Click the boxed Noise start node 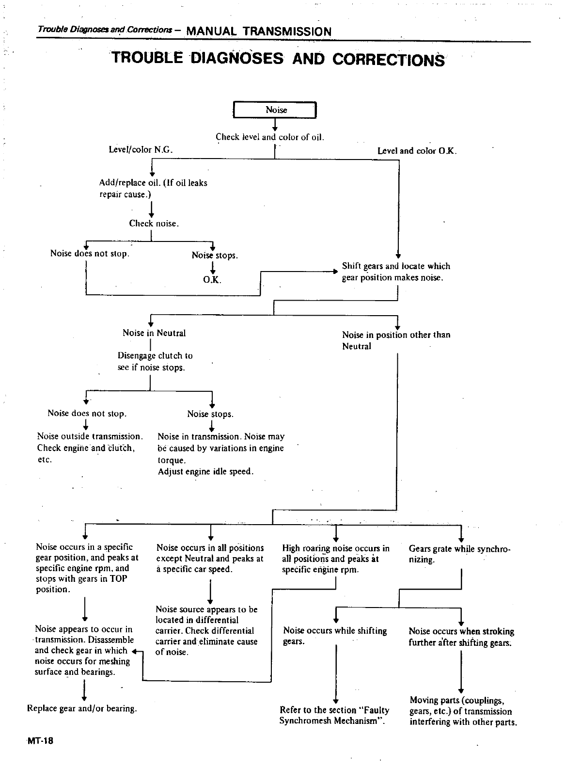(x=275, y=110)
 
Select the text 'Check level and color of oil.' (x=270, y=137)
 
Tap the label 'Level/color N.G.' (x=141, y=150)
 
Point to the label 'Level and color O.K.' (x=417, y=151)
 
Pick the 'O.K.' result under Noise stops (x=212, y=280)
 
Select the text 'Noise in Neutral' (x=154, y=333)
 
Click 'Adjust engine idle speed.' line (x=205, y=471)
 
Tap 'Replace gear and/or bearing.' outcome (x=82, y=708)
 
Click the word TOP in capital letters (x=117, y=579)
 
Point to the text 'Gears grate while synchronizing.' (x=459, y=554)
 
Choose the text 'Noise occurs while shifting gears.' (x=334, y=636)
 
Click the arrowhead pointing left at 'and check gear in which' (x=134, y=652)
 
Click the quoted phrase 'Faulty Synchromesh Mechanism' (x=334, y=716)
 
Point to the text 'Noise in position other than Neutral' (x=396, y=340)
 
